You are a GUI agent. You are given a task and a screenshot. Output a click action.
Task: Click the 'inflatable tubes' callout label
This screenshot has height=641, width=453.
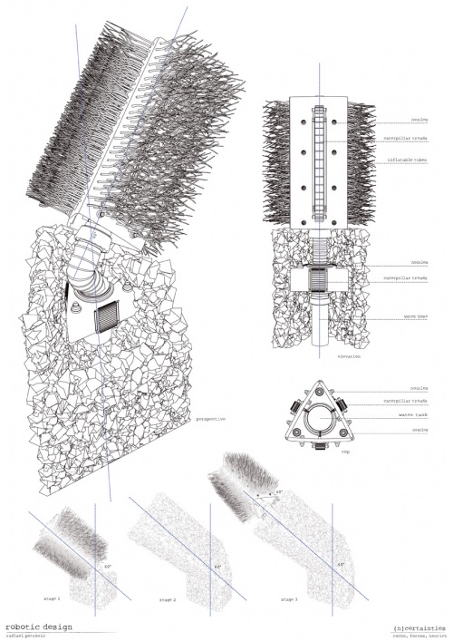400,160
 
